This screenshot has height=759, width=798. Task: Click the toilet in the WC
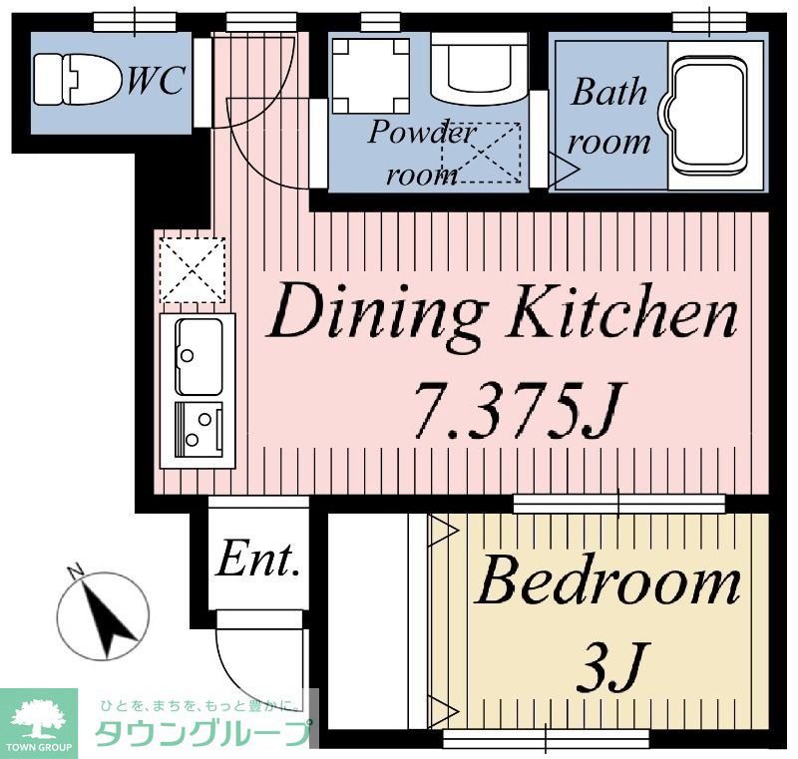(78, 80)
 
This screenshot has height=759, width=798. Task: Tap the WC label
(156, 81)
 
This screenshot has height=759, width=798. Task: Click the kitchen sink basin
(199, 356)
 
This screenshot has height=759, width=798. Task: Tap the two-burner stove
(199, 430)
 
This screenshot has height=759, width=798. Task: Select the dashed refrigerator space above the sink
(193, 269)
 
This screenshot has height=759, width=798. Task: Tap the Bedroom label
(607, 580)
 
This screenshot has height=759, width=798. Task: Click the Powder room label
(421, 153)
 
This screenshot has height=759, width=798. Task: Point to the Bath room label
(608, 117)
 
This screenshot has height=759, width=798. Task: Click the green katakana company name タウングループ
(203, 732)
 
